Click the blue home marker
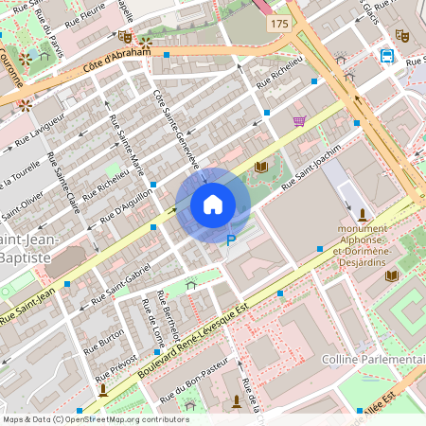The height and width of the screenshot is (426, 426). tap(213, 204)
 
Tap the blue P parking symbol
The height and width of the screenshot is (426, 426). tap(230, 240)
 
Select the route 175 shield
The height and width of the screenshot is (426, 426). tap(278, 22)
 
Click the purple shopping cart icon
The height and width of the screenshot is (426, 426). tap(299, 120)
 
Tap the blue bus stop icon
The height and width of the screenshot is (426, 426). tap(387, 55)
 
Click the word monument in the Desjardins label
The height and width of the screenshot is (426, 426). tap(364, 229)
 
